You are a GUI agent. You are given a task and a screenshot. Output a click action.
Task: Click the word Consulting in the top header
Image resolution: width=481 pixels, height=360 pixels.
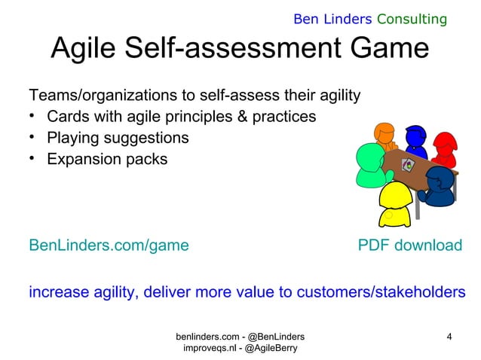pyautogui.click(x=414, y=18)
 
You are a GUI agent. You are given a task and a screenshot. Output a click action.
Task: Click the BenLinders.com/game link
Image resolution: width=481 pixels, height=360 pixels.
pyautogui.click(x=109, y=246)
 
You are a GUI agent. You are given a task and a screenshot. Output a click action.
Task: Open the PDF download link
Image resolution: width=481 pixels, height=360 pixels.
pyautogui.click(x=409, y=246)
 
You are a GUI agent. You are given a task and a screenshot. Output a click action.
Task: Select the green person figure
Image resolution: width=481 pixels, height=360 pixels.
pyautogui.click(x=367, y=167)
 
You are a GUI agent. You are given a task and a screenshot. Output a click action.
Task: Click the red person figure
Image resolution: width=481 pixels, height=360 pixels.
pyautogui.click(x=446, y=149)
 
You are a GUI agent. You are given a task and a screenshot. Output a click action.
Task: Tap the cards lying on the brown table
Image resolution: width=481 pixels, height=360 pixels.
pyautogui.click(x=409, y=164)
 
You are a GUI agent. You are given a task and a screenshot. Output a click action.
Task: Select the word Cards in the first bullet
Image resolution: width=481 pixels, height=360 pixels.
pyautogui.click(x=67, y=117)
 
